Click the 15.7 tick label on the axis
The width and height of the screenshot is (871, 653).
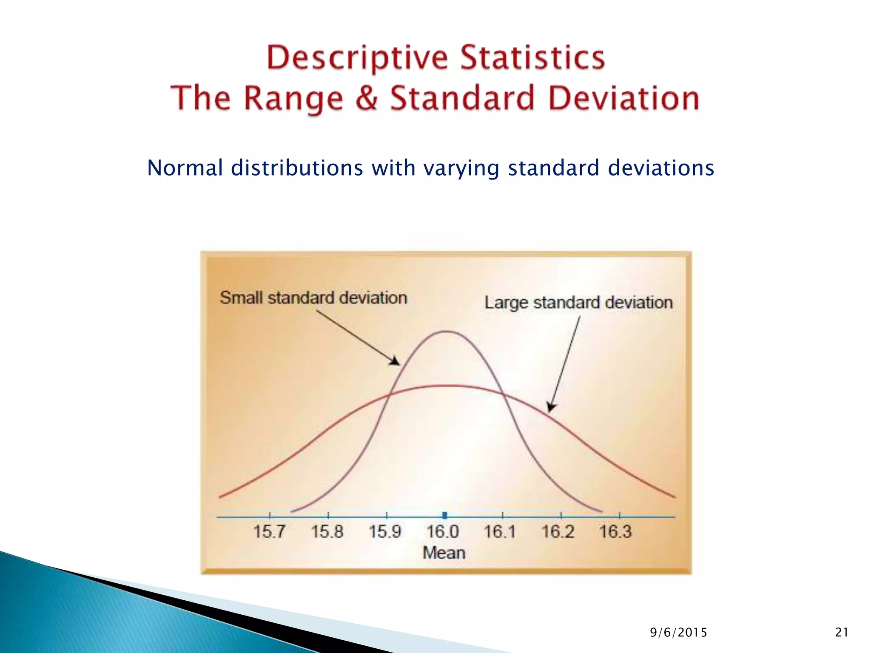[269, 531]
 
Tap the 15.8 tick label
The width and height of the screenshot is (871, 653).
[327, 531]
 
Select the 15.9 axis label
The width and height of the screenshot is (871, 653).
[385, 531]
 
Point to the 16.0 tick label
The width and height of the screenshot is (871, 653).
[443, 531]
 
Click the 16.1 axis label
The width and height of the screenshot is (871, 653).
[500, 531]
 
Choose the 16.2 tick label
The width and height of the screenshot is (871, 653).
[558, 531]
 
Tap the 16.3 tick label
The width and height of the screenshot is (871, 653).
[615, 531]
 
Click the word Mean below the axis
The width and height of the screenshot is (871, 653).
[444, 553]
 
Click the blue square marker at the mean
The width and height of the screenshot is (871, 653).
[445, 516]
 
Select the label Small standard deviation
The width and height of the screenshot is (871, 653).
[313, 298]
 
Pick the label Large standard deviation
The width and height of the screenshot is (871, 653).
[578, 303]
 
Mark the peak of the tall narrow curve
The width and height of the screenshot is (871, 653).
[446, 331]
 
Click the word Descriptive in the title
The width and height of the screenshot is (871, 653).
[356, 58]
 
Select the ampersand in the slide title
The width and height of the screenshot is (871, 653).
[366, 98]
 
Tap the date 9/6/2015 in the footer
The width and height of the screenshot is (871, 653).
[678, 633]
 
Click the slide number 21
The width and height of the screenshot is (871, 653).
[842, 633]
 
